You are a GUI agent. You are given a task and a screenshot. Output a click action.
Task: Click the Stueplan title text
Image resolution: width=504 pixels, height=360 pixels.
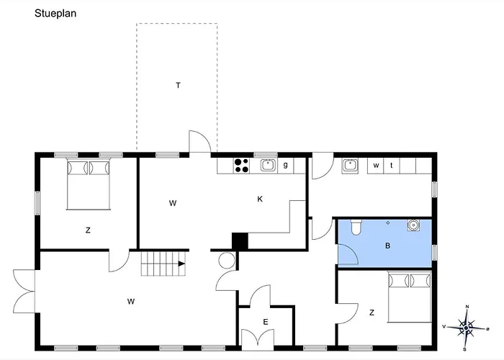point(55,14)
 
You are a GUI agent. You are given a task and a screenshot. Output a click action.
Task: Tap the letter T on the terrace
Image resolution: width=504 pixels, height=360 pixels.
point(178,85)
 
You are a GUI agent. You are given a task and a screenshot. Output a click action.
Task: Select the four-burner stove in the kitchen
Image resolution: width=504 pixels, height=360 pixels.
point(242,166)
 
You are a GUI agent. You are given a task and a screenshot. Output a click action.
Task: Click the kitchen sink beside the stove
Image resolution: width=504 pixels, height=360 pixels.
point(268,166)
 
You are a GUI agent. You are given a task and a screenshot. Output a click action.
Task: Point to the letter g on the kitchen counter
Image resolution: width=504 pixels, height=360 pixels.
point(285,165)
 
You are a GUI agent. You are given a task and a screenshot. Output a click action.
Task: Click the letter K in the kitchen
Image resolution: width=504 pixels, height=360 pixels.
point(260,199)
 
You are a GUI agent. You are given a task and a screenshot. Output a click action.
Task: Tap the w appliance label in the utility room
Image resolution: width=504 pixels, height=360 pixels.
point(376,166)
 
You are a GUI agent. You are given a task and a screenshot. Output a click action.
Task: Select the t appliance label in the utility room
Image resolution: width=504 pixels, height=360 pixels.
point(391,166)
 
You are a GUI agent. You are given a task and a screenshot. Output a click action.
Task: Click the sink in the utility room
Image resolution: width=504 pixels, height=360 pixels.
point(350,166)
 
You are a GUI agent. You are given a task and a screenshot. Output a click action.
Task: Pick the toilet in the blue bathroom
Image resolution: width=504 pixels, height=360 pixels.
point(356,227)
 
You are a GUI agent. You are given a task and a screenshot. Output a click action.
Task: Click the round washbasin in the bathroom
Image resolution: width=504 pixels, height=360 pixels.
point(413,225)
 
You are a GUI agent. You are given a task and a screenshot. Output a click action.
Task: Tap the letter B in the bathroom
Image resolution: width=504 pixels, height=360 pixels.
point(387,246)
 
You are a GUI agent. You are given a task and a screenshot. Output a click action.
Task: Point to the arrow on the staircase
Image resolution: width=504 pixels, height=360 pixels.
point(182,264)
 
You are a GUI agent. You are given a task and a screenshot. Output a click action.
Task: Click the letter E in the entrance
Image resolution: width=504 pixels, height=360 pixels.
point(266,322)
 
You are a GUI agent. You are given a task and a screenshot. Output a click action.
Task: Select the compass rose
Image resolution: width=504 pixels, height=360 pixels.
point(466,328)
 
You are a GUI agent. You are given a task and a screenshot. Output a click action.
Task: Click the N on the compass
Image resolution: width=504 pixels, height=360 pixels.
point(467,307)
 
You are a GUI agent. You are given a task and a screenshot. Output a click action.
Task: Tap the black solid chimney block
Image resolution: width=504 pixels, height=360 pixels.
point(240,240)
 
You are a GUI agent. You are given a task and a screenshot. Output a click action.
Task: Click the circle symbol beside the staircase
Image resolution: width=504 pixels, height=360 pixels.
point(227,260)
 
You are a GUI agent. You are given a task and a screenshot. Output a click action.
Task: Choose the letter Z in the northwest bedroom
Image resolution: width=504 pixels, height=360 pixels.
point(88,230)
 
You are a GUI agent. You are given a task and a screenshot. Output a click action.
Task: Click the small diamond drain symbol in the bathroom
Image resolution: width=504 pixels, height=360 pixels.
point(388,222)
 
